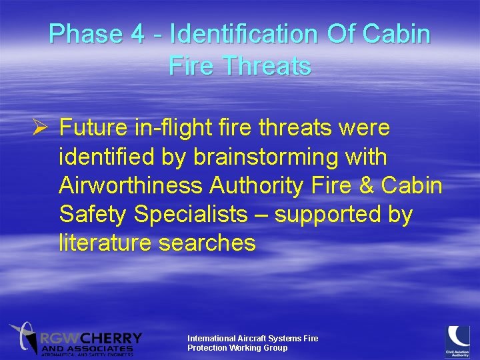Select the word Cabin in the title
point(399,35)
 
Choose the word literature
point(105,243)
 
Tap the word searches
point(207,243)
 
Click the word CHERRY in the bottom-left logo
point(114,338)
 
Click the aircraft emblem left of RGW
point(23,337)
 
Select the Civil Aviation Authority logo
point(457,339)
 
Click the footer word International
point(211,339)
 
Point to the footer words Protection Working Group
point(237,348)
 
